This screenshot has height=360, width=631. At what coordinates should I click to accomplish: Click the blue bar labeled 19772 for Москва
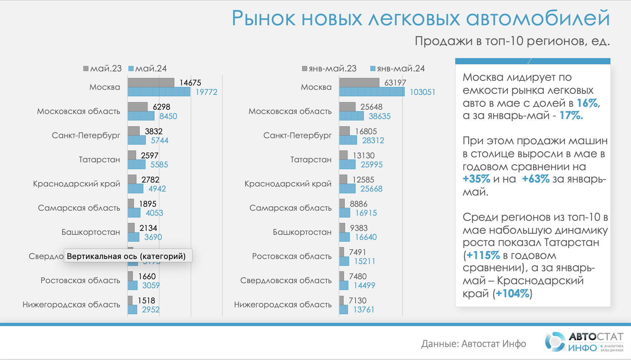[x=159, y=92]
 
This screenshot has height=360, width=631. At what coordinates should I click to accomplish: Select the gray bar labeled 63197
[x=359, y=83]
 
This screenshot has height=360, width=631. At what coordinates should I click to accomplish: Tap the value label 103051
[x=422, y=92]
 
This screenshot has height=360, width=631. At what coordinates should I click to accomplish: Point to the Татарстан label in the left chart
[x=99, y=159]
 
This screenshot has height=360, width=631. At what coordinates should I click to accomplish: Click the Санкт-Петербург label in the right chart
[x=297, y=135]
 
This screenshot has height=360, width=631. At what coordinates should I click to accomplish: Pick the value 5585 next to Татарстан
[x=159, y=165]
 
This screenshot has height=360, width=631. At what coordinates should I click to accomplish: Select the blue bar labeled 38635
[x=351, y=116]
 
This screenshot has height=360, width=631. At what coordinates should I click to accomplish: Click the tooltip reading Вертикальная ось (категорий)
[x=128, y=256]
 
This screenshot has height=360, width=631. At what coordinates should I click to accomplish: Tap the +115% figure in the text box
[x=483, y=255]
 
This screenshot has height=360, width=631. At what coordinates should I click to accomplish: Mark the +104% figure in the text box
[x=513, y=294]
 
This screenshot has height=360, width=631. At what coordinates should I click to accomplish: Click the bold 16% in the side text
[x=587, y=103]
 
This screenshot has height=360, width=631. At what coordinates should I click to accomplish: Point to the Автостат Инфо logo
[x=584, y=342]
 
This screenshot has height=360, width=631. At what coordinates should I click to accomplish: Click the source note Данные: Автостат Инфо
[x=473, y=344]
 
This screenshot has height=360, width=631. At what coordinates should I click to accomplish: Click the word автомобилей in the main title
[x=538, y=18]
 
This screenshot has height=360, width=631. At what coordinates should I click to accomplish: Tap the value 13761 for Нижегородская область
[x=364, y=309]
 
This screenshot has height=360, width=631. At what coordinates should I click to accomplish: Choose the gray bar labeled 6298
[x=138, y=107]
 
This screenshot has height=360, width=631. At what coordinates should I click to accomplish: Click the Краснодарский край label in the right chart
[x=288, y=184]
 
